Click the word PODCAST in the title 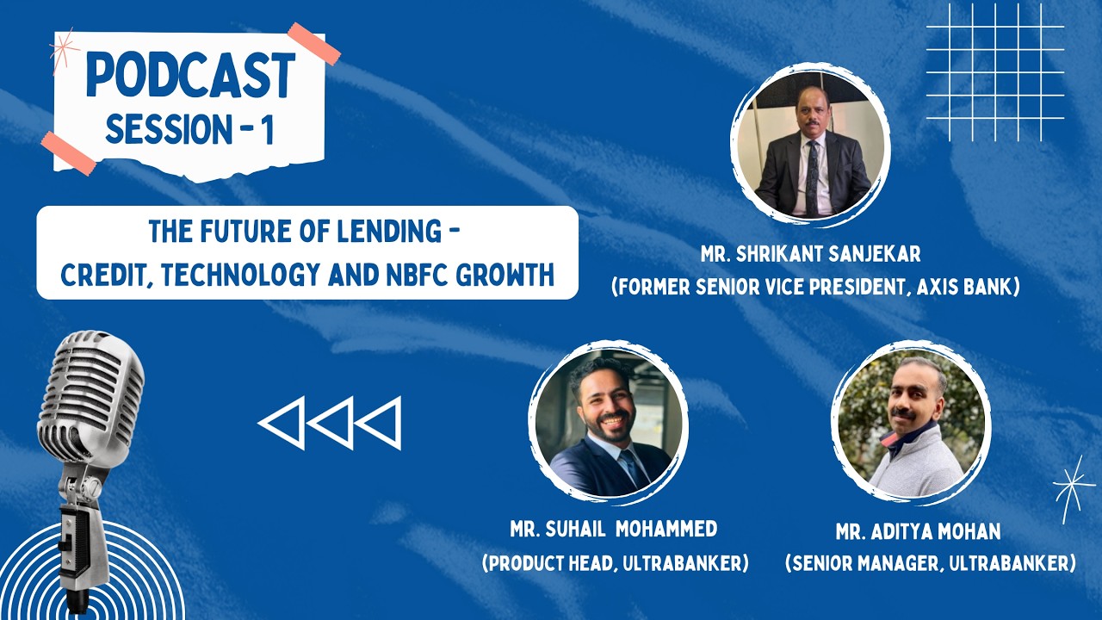190,76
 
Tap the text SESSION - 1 189,129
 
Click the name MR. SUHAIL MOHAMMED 615,529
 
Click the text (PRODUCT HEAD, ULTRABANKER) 615,563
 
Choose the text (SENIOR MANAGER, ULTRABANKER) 930,563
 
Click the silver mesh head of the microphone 90,388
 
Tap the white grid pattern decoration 995,71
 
